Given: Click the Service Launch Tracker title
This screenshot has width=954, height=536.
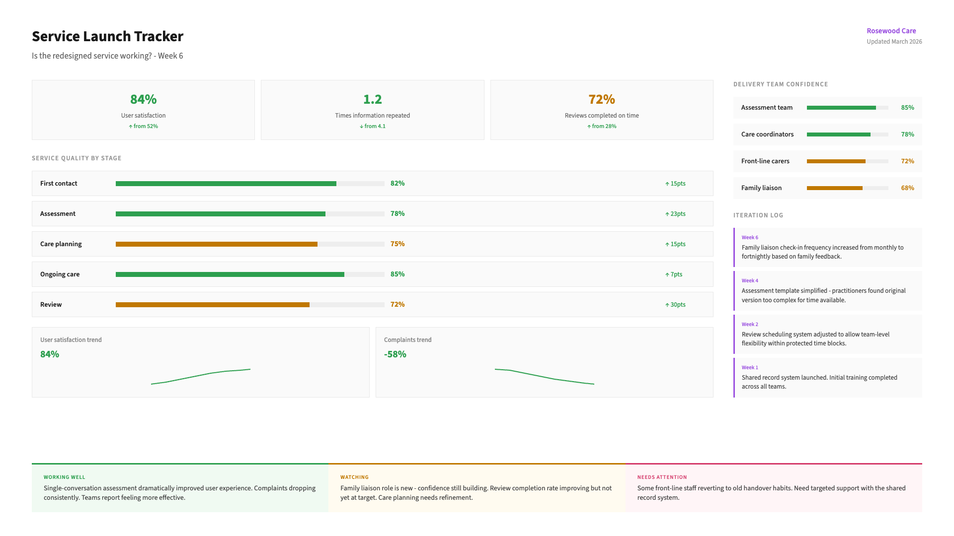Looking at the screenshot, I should (x=107, y=36).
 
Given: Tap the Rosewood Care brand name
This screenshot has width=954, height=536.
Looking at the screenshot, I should (x=891, y=31).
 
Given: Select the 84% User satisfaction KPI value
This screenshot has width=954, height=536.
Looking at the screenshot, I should (x=143, y=99).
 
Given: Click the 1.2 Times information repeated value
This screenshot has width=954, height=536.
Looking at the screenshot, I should (x=372, y=99).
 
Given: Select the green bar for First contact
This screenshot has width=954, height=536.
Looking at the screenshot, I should (x=226, y=184).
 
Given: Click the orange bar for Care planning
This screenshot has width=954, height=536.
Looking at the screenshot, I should (x=216, y=244).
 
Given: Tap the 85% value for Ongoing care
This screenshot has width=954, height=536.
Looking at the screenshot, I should (x=397, y=274).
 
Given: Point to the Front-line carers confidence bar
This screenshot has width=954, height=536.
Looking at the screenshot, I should (x=836, y=161).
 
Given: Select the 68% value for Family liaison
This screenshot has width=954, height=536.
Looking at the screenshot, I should (x=907, y=188).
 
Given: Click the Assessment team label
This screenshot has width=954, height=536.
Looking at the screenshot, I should (x=767, y=108).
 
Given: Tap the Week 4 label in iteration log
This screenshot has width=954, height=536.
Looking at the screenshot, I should (x=750, y=281).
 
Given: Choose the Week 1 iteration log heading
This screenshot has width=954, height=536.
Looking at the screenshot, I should (x=750, y=368).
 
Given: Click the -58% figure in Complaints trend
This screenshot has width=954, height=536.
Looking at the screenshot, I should (x=395, y=354).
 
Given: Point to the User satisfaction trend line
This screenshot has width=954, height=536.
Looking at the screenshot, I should (x=201, y=376).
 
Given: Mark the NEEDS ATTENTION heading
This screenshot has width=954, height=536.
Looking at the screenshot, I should (x=662, y=477).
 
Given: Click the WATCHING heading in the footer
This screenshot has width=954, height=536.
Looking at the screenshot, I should (x=354, y=477).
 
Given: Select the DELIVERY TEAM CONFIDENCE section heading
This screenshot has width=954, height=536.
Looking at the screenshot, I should (x=780, y=84).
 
